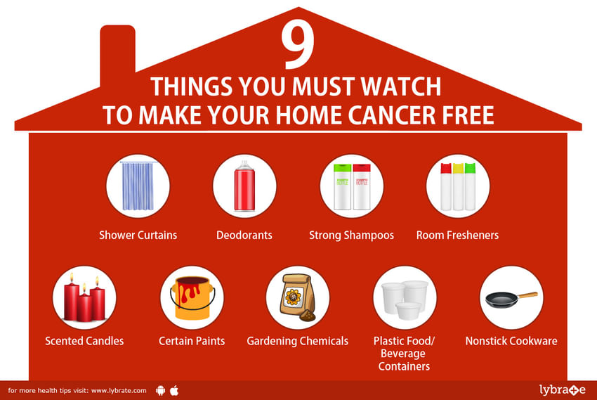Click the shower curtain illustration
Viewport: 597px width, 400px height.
138,186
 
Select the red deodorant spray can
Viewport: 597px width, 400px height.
244,186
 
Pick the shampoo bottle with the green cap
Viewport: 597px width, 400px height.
342,187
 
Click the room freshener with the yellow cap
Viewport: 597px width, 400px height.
458,187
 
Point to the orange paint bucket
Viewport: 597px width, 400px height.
192,298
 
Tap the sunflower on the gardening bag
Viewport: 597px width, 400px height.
294,297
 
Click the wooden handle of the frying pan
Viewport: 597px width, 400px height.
527,295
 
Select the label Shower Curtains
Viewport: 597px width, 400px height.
138,235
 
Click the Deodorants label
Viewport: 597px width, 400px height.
244,235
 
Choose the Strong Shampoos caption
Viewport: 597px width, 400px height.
351,235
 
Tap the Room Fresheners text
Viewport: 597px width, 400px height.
457,235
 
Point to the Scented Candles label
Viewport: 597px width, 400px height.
84,340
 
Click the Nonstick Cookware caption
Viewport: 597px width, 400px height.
511,340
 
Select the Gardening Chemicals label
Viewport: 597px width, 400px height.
297,341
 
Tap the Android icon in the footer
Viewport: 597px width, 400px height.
161,390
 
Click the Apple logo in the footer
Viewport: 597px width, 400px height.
174,390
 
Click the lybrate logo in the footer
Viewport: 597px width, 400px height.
563,389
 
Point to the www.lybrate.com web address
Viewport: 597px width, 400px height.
119,390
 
